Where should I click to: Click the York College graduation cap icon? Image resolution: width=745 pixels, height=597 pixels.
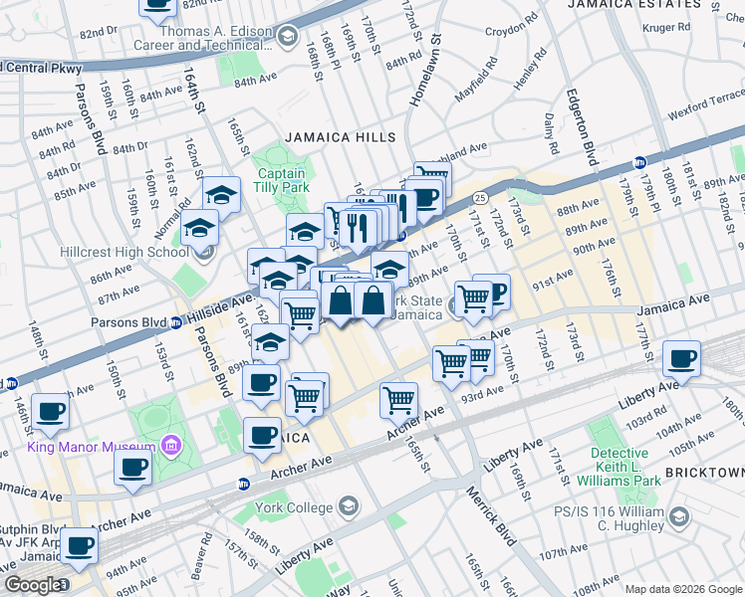[348, 507]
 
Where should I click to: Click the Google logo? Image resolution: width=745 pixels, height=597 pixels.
[32, 585]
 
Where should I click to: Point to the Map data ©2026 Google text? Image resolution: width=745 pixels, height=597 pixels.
[683, 589]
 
